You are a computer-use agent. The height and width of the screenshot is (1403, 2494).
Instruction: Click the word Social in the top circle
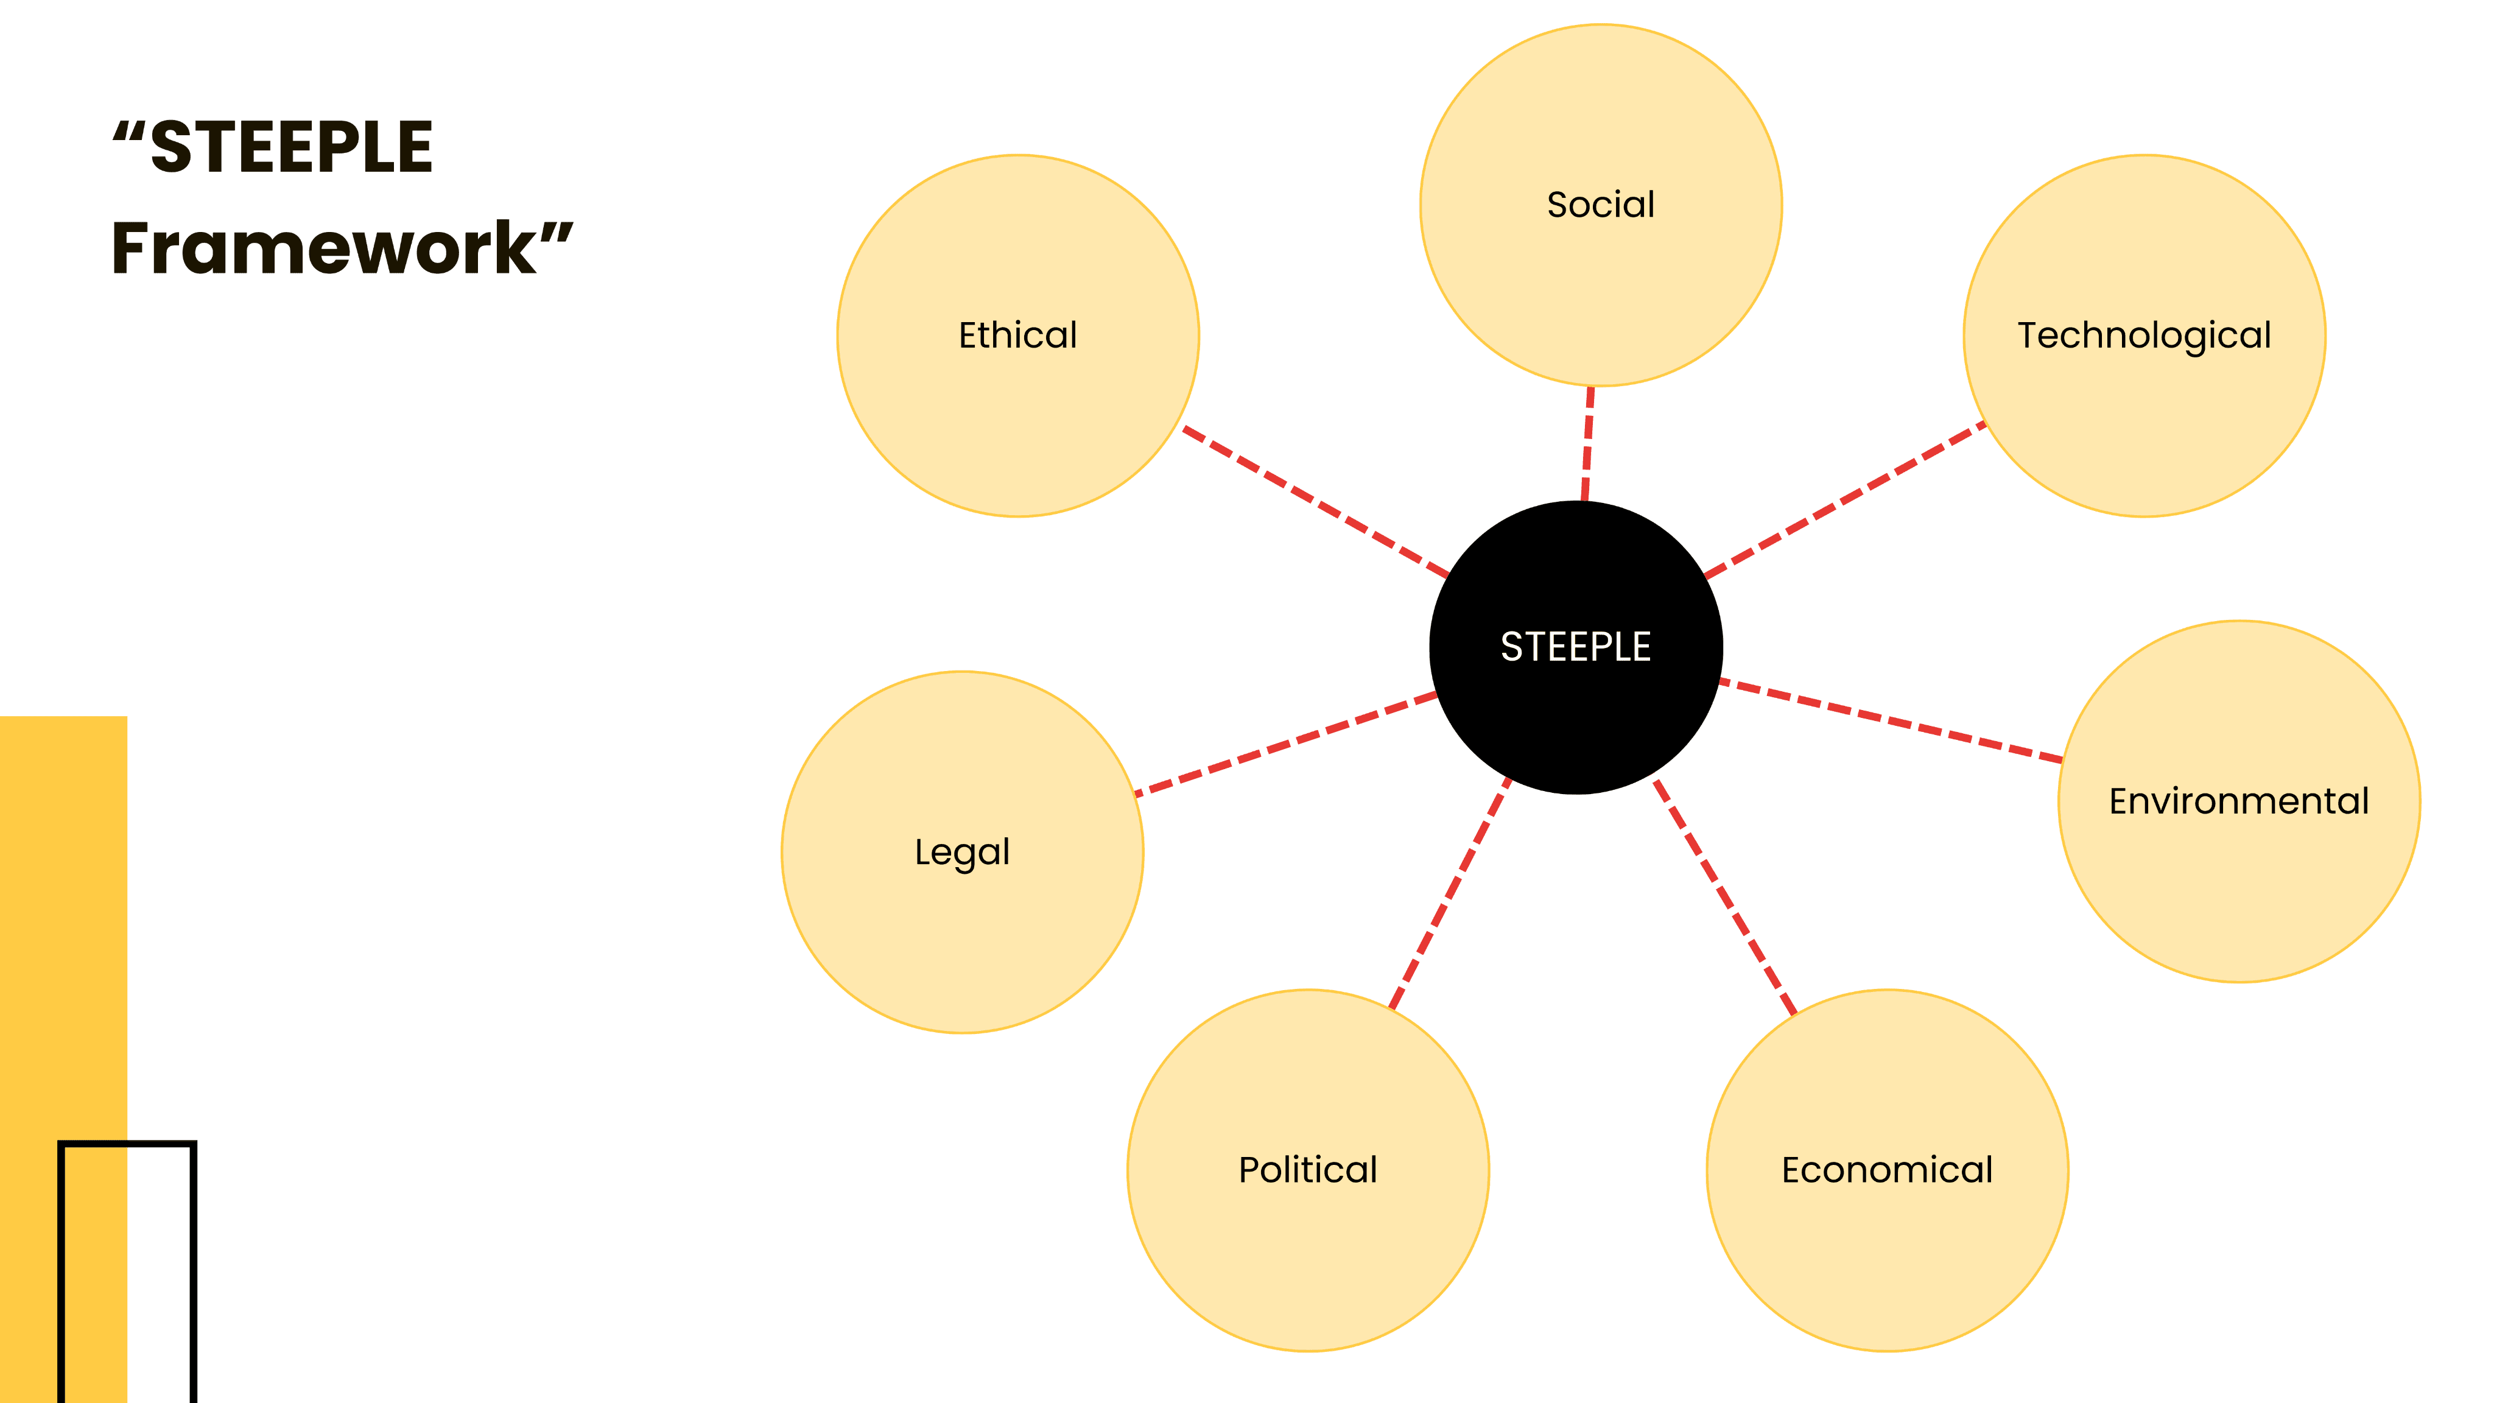tap(1600, 205)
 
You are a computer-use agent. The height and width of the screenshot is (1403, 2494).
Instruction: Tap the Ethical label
tap(1017, 335)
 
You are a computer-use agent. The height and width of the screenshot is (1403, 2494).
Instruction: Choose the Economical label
tap(1887, 1170)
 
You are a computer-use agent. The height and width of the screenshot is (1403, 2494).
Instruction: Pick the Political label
tap(1308, 1170)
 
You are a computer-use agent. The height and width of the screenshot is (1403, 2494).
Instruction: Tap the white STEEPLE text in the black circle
tap(1575, 647)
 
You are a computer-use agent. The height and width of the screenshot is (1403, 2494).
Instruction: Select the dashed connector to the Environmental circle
tap(1891, 720)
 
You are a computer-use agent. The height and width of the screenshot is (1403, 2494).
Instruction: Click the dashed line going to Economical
tap(1724, 896)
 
